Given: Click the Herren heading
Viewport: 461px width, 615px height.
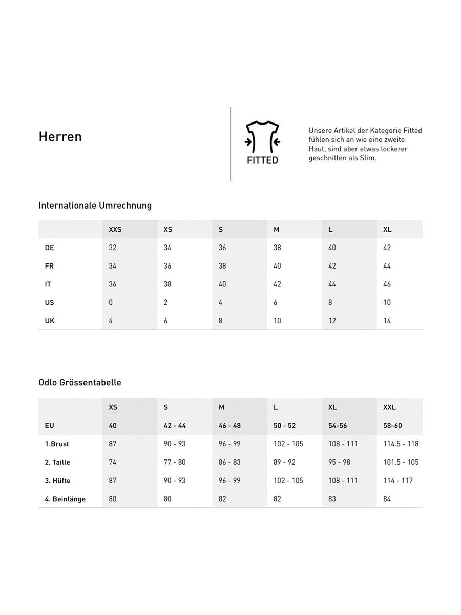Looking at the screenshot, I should [x=60, y=137].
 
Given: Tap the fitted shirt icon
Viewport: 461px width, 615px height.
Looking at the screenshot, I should [x=262, y=138].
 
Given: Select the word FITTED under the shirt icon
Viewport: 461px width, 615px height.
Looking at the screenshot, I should [x=262, y=160].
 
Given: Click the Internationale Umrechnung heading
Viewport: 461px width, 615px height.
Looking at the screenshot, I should [x=95, y=206].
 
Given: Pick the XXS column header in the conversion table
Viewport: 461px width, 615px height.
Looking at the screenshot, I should [x=115, y=230].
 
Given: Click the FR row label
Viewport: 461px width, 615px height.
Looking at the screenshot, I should [x=49, y=266].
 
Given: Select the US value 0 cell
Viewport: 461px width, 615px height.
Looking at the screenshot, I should [x=111, y=302].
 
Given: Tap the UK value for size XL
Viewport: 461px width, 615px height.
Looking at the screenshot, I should [x=387, y=321].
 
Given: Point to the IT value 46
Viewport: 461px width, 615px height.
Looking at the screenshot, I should [x=387, y=284].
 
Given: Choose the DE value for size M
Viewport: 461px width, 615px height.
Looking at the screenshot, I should [x=277, y=248].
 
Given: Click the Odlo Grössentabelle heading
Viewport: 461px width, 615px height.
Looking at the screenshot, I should [x=79, y=383].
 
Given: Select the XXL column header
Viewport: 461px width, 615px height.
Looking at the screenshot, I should [x=389, y=407].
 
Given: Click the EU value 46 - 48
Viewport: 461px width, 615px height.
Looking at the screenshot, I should [x=229, y=426].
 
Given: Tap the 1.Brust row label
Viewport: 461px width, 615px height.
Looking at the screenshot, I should [x=57, y=444].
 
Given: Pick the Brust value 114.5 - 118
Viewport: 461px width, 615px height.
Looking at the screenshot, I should [x=401, y=444].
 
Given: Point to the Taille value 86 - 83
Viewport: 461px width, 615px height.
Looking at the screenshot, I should [x=229, y=462].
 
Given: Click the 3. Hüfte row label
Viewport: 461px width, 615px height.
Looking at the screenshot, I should [x=57, y=481].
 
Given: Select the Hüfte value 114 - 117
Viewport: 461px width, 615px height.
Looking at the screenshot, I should [x=398, y=481].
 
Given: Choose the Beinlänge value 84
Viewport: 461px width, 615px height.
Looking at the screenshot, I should [x=387, y=499].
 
